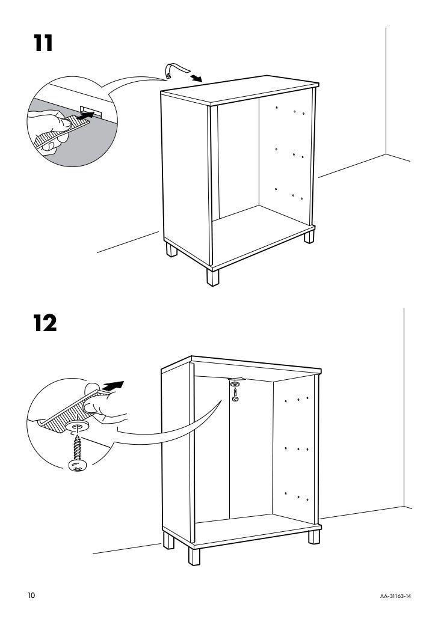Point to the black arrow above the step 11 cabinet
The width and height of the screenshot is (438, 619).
(x=195, y=79)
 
